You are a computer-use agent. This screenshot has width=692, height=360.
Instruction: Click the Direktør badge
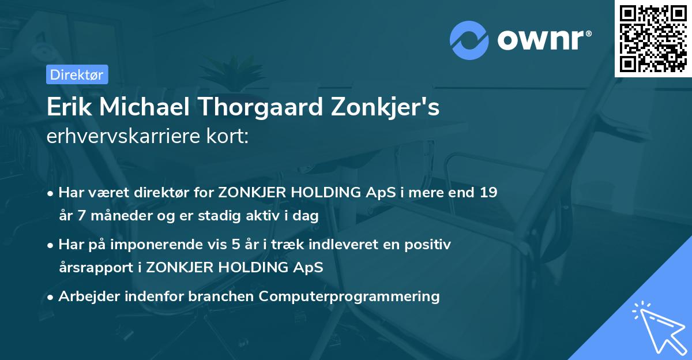(x=77, y=74)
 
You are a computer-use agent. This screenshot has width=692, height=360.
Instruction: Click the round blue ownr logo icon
(x=469, y=40)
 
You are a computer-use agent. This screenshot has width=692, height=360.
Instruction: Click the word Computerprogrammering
(x=349, y=297)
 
